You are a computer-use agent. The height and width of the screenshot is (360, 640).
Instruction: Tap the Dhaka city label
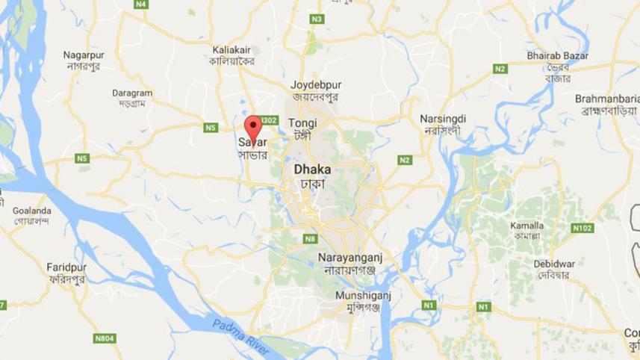pos(313,170)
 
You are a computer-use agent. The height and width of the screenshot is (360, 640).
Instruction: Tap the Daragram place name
pos(132,93)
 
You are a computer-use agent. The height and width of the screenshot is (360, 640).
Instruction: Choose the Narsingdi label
pos(443,119)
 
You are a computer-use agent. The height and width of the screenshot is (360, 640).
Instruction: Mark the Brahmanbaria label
pos(607,99)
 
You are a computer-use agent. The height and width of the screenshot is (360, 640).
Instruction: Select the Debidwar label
pos(552,264)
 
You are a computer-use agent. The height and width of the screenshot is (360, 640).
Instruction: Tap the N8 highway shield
pos(309,239)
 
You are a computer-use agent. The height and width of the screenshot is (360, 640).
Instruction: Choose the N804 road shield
pos(105,338)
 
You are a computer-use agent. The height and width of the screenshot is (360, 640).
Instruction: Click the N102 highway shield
pos(580,228)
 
